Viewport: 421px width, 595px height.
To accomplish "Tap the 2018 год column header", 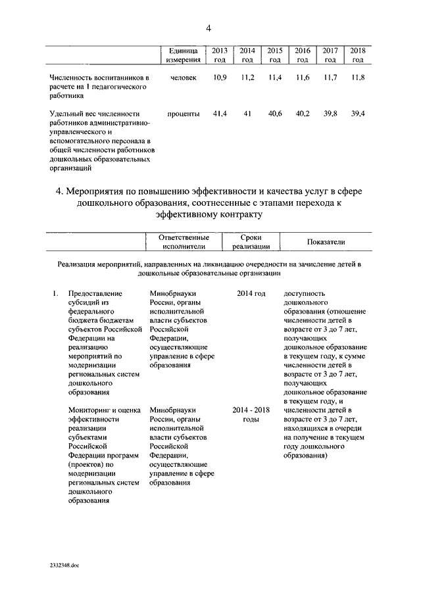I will [357, 55].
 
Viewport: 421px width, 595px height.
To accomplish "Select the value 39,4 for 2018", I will [357, 114].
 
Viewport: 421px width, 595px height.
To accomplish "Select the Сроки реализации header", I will [251, 242].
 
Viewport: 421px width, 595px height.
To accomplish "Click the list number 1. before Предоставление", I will [55, 293].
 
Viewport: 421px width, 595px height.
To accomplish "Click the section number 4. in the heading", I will [60, 191].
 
